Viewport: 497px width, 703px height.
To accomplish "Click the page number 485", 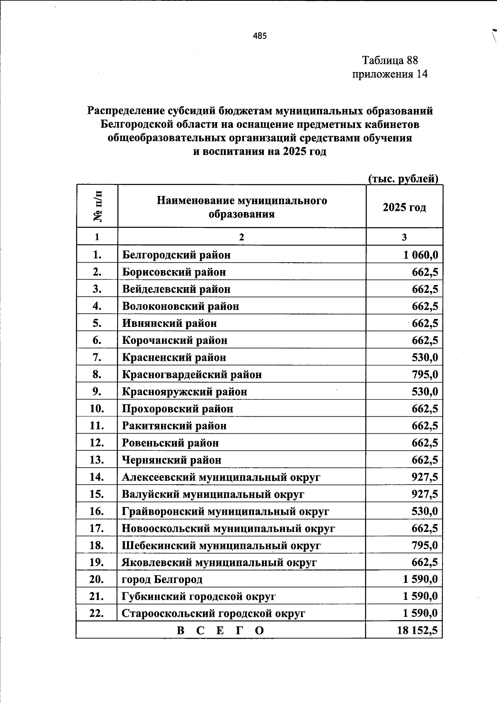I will (x=260, y=36).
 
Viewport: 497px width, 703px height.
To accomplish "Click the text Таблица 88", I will (x=390, y=60).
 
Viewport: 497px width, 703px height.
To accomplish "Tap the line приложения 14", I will (x=389, y=74).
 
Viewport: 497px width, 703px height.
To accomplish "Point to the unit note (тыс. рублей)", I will (x=403, y=179).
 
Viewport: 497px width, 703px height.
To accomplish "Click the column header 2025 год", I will (x=404, y=207).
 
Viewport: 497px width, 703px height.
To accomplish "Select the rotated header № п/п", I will (x=98, y=206).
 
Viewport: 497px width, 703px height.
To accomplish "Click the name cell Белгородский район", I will (x=176, y=255).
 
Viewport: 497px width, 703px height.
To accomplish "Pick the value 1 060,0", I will (x=420, y=255).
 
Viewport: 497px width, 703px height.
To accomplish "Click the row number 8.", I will (x=97, y=374).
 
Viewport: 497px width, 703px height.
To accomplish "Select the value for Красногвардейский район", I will (x=425, y=374).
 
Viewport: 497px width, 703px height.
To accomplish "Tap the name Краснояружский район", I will (x=184, y=391).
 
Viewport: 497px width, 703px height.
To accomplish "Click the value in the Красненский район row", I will (x=425, y=358).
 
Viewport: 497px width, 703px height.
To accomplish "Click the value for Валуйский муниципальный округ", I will (x=425, y=494).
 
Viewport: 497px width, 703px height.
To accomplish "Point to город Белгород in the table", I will (x=162, y=579).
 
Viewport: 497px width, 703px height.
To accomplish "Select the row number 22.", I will (x=97, y=614).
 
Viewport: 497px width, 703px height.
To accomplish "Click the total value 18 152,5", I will (x=417, y=631).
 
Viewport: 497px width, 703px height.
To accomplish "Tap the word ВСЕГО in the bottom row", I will (x=220, y=631).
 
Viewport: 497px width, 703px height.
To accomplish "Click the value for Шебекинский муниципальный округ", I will (x=425, y=545).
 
